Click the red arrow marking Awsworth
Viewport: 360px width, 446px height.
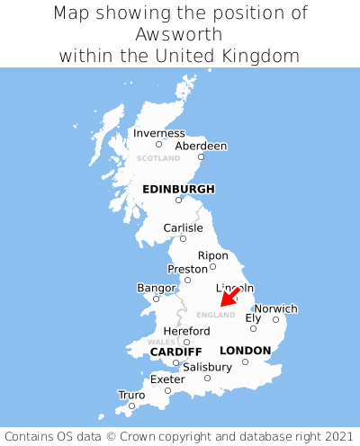pyautogui.click(x=229, y=297)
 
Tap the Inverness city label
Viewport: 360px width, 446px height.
pyautogui.click(x=159, y=133)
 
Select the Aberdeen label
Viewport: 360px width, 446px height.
pyautogui.click(x=201, y=146)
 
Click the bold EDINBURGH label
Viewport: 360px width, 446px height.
pyautogui.click(x=178, y=189)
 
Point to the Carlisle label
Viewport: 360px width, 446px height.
pyautogui.click(x=183, y=227)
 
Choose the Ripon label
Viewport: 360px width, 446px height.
pyautogui.click(x=213, y=254)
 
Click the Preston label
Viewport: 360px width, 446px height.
pyautogui.click(x=187, y=268)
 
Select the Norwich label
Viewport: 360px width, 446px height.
pyautogui.click(x=275, y=308)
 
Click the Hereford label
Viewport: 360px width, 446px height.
pyautogui.click(x=186, y=330)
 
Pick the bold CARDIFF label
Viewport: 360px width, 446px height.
pyautogui.click(x=175, y=351)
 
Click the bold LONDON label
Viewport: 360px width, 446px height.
pyautogui.click(x=245, y=350)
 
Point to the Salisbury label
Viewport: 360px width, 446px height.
pyautogui.click(x=207, y=367)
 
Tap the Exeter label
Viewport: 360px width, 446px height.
pyautogui.click(x=167, y=379)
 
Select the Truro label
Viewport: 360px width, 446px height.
pyautogui.click(x=131, y=394)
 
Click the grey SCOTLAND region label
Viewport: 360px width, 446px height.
pyautogui.click(x=158, y=158)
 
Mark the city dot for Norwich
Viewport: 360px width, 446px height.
pyautogui.click(x=275, y=319)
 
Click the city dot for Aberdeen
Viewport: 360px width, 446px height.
pyautogui.click(x=201, y=157)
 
